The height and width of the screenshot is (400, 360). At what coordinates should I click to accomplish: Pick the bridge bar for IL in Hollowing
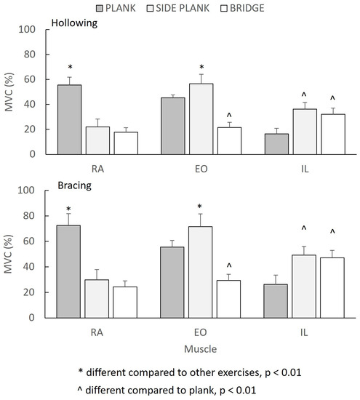tap(332, 134)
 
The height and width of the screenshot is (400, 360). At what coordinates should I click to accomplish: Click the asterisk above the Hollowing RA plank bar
tap(70, 67)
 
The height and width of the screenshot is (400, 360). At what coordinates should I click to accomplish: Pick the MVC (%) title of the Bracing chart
tap(10, 254)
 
